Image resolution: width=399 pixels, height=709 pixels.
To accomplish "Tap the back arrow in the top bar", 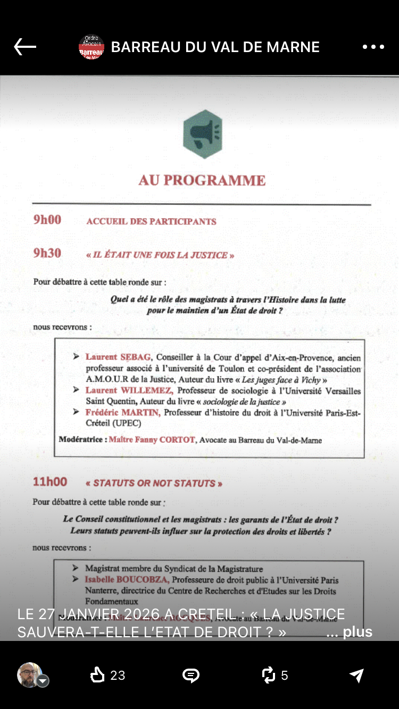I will click(25, 47).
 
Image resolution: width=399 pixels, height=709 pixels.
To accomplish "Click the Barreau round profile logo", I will click(92, 47).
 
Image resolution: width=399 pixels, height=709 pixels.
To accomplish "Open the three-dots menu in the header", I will click(373, 47).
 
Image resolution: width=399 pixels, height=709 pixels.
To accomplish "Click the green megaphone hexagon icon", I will click(203, 134).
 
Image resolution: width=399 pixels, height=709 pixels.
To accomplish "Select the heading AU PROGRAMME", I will click(202, 181).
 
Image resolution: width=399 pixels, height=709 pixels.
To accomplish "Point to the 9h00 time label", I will click(47, 220).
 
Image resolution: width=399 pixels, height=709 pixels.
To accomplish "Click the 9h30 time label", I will click(47, 254).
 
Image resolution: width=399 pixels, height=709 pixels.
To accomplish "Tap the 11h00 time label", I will click(50, 482).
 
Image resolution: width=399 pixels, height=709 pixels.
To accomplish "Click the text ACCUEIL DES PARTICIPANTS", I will click(151, 222).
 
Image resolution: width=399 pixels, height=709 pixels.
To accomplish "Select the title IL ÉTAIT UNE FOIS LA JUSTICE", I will click(160, 255).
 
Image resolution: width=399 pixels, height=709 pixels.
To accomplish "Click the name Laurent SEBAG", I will click(118, 357).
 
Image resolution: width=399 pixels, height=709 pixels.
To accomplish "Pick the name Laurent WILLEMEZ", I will click(122, 391).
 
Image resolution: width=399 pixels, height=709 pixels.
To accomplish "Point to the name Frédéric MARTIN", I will click(122, 412).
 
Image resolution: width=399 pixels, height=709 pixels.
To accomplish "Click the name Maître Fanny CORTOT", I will click(152, 440).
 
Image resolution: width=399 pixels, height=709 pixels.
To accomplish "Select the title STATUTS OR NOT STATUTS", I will click(154, 483).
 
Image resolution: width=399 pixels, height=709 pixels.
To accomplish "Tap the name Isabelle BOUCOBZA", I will click(127, 580).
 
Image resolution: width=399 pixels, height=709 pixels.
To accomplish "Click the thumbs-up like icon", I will click(97, 675).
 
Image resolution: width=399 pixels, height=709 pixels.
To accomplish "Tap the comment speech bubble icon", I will click(190, 675).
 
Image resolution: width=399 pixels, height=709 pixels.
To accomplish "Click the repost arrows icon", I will click(269, 675).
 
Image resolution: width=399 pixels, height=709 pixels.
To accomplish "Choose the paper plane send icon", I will click(356, 675).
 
